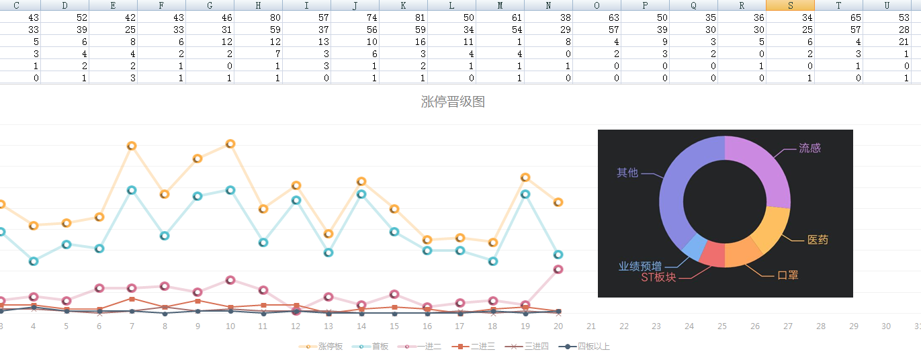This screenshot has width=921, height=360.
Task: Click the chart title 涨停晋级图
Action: coord(453,102)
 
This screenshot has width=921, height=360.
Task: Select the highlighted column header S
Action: coord(790,5)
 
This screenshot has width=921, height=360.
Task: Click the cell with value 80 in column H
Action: coord(258,17)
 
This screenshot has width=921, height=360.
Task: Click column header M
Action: coord(500,5)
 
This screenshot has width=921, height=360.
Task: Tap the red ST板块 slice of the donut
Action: coord(713,253)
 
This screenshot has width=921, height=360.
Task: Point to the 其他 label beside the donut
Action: coord(627,173)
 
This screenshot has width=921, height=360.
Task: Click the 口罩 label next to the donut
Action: coord(787,275)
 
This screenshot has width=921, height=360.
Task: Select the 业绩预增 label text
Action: coord(640,266)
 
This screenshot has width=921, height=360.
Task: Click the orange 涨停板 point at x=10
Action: coord(230,144)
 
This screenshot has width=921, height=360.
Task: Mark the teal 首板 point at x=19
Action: coord(525,194)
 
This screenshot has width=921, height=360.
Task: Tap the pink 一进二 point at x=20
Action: coord(558,269)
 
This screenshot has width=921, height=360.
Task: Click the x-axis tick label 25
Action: coord(722,326)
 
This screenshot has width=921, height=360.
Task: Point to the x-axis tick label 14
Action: coord(361,326)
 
